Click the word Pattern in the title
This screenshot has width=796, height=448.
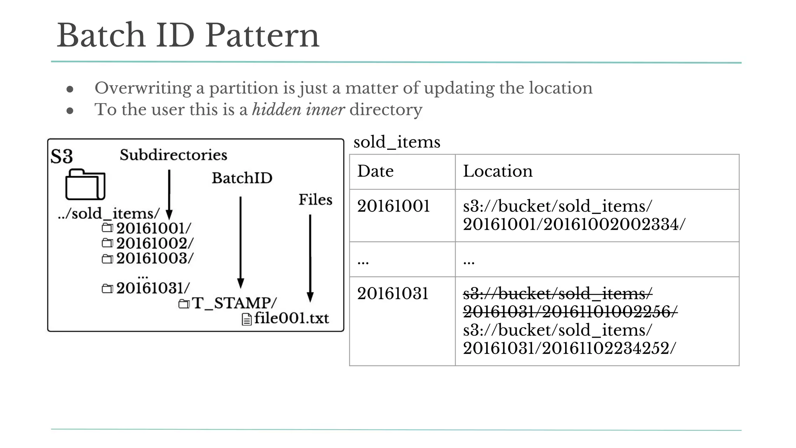point(262,36)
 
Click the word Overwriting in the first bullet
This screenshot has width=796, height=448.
point(143,88)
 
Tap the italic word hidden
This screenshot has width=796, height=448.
point(276,110)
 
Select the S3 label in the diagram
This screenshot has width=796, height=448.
point(61,156)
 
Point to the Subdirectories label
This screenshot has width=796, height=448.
point(173,155)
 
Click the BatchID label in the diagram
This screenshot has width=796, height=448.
point(242,178)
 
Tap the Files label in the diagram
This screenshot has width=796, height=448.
point(315,199)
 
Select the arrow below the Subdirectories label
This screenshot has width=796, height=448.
point(169,194)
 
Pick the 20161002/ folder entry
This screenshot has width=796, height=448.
point(154,243)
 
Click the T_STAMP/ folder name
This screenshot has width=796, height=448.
point(234,303)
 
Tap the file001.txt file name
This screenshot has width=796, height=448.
point(292,318)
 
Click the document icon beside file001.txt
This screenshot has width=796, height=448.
point(246,319)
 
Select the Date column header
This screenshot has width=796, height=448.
point(375,171)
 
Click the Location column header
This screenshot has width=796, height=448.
point(497,171)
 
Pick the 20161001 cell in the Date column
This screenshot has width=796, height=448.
point(393,206)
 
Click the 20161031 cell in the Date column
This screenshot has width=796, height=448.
point(393,294)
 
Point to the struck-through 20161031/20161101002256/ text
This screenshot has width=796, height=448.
point(570,311)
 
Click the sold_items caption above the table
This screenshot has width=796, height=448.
point(397,142)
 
